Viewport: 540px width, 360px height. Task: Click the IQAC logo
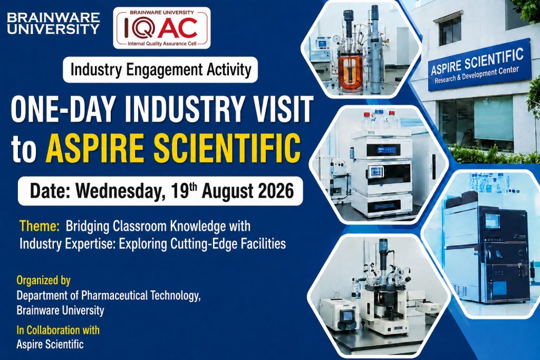(161, 28)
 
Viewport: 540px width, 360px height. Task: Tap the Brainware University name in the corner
(53, 23)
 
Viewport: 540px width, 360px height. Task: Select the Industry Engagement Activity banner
(160, 70)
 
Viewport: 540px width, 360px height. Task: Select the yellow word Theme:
(40, 226)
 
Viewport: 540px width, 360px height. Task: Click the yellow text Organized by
(43, 280)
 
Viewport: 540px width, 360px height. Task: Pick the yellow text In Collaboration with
(58, 330)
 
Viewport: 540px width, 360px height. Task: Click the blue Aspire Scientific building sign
(479, 65)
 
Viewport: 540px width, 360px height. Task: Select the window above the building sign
(450, 30)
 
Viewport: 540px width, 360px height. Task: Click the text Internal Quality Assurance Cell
(162, 44)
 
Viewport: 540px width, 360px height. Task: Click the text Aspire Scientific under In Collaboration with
(50, 344)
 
